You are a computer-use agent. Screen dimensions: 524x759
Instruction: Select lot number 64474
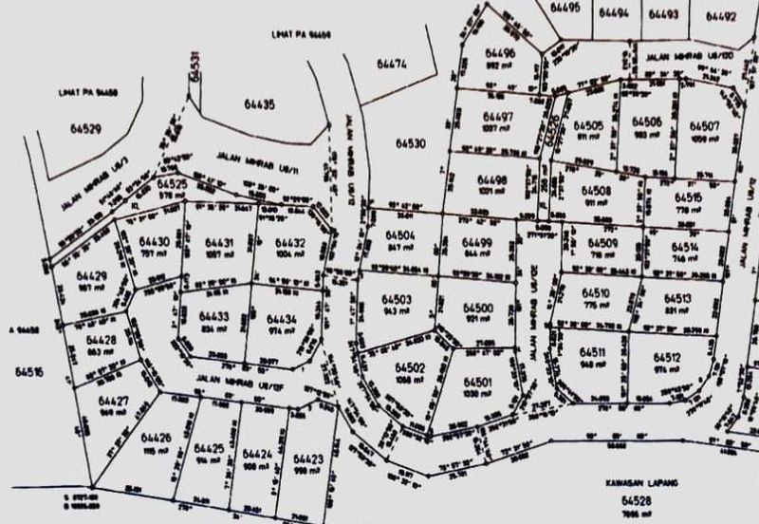391,65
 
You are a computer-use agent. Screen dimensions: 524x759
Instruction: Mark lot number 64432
290,243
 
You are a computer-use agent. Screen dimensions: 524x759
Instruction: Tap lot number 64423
308,459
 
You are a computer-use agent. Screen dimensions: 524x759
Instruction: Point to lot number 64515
690,196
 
